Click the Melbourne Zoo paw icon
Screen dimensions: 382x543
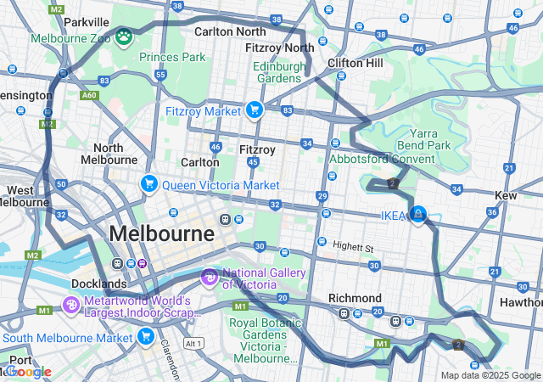click(125, 36)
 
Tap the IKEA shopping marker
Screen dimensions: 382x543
click(417, 214)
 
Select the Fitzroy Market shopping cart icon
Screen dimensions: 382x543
click(253, 110)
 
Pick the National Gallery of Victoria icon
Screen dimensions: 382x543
click(209, 277)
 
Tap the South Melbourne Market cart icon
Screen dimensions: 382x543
click(145, 337)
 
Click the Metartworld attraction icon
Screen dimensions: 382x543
click(71, 303)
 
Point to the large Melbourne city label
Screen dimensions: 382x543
click(161, 233)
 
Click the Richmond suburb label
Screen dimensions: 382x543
click(355, 298)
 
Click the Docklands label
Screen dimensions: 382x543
click(100, 284)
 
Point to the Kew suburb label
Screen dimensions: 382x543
click(506, 195)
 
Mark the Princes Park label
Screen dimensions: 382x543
click(172, 57)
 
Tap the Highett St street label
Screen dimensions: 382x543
click(353, 247)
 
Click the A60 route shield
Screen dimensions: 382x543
click(89, 96)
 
